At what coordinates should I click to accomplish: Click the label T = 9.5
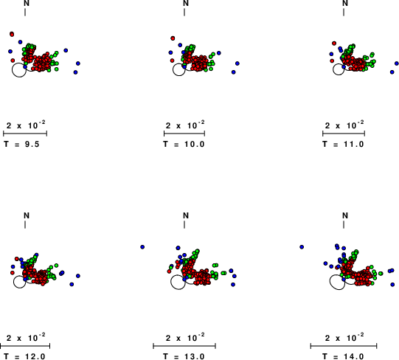21,145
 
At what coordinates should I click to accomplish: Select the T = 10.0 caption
184,145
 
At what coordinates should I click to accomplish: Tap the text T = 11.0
343,145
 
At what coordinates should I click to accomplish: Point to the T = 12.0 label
24,356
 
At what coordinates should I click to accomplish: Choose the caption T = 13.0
184,356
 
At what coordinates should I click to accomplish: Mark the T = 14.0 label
343,356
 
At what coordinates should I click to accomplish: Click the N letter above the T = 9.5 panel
27,3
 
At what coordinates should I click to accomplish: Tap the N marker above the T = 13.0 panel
186,215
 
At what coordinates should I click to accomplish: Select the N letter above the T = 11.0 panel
345,3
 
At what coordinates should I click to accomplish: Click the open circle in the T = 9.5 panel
13,70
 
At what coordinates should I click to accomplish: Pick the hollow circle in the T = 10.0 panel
173,69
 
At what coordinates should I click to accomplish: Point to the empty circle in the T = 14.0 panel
330,282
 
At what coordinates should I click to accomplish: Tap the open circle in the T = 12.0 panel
13,282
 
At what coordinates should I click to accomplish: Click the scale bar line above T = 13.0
184,346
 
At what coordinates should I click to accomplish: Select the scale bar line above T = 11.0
344,134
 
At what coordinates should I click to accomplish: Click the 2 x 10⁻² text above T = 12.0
26,338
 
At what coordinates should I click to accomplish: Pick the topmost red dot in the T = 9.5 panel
12,34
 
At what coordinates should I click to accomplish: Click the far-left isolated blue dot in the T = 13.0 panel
142,247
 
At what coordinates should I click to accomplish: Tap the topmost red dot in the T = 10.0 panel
173,38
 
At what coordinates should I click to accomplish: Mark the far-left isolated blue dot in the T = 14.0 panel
302,247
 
